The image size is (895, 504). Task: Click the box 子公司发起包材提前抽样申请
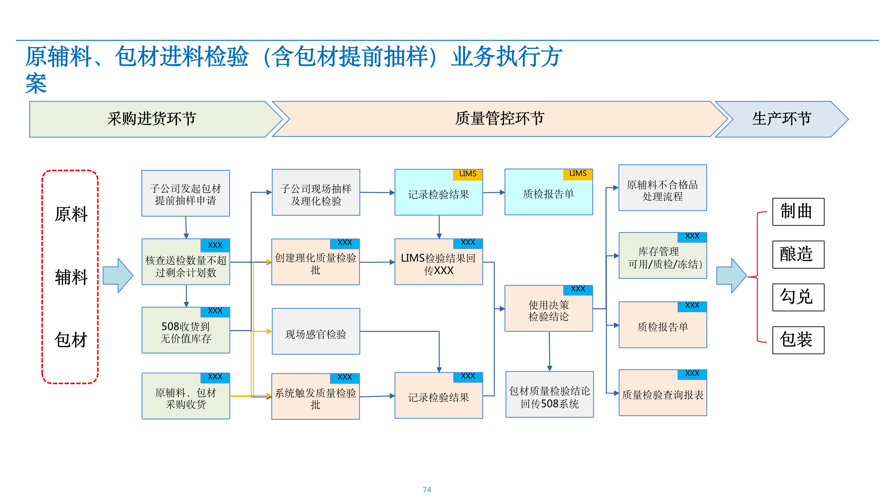[x=185, y=193]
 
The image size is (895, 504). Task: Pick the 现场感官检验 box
[x=316, y=331]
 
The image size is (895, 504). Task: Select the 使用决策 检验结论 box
[x=549, y=309]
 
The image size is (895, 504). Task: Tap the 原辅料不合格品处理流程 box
[x=663, y=188]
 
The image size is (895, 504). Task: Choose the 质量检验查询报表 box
[x=663, y=393]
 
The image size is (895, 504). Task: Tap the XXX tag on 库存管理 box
[x=692, y=237]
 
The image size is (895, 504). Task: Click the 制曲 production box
[x=798, y=212]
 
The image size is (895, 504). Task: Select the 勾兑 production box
[x=798, y=297]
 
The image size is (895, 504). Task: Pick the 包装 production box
[x=798, y=340]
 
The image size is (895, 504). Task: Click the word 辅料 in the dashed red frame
[x=71, y=277]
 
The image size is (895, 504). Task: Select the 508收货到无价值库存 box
[x=185, y=330]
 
